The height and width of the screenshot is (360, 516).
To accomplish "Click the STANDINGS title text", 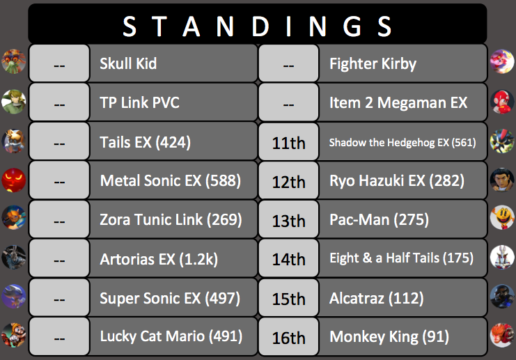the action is pos(257,26).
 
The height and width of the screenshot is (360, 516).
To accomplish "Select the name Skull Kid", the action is pos(128,63).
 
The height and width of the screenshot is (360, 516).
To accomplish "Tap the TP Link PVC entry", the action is pos(139,102).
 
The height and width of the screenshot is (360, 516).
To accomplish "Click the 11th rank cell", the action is pos(288,141).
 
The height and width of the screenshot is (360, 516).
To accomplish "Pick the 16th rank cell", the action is pos(288,336).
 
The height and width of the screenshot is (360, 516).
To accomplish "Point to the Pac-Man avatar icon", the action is pos(502,217).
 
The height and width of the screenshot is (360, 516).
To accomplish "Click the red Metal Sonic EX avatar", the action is pos(13,180).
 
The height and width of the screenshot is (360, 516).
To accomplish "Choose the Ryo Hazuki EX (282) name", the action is pos(397,180).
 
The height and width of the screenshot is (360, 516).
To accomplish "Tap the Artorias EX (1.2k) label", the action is pos(159,259).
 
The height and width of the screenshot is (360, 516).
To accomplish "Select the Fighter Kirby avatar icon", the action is pos(502,61).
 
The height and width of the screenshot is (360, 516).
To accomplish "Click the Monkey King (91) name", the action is pos(389,336).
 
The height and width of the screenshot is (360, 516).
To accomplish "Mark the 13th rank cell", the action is pos(288,219).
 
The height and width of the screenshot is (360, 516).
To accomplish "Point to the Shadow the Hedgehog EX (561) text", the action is pos(402,142).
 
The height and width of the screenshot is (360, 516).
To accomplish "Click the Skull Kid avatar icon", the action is pos(13,61).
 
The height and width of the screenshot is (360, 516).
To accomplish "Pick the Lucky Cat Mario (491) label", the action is pos(171,336).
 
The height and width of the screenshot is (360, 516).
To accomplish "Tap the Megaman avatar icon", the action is pos(502,102).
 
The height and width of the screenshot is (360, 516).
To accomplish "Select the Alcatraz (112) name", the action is pos(377,298).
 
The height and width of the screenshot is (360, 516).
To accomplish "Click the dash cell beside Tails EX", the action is pos(59,141).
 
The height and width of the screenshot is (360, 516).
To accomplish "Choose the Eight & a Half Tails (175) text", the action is pos(402,258).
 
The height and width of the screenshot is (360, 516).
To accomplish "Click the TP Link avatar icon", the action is pos(13,102).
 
